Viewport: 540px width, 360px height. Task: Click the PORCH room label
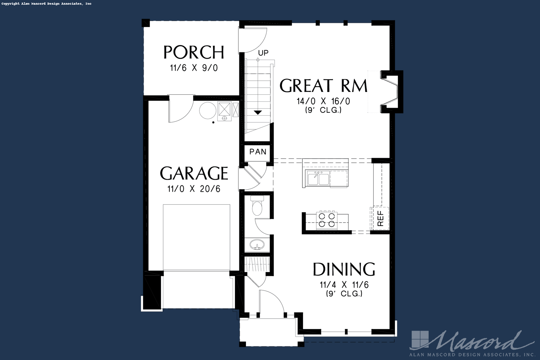click(x=194, y=52)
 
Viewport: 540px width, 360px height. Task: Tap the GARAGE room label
click(x=194, y=173)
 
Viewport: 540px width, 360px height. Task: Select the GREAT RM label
click(x=323, y=86)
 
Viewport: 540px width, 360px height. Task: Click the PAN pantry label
click(x=258, y=152)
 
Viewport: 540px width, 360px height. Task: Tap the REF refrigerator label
click(x=380, y=218)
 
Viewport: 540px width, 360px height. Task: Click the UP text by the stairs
click(x=263, y=53)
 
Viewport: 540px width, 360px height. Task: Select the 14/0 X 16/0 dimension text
click(x=323, y=101)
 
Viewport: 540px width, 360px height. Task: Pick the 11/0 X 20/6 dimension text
click(x=194, y=189)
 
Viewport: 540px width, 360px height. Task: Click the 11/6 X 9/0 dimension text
click(x=194, y=68)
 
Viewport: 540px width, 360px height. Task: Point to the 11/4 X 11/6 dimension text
click(x=344, y=285)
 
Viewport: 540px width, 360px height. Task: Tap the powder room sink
click(x=257, y=245)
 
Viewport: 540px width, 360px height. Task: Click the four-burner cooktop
click(x=327, y=220)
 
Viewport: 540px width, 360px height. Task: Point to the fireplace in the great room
click(x=391, y=92)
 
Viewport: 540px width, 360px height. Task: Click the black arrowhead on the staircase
click(x=258, y=112)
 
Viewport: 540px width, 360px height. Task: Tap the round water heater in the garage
click(x=208, y=110)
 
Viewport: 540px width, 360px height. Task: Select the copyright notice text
click(x=47, y=4)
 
